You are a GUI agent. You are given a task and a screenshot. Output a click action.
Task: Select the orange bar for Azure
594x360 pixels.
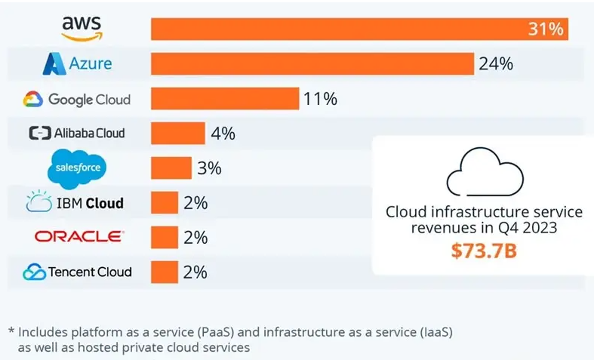click(x=312, y=64)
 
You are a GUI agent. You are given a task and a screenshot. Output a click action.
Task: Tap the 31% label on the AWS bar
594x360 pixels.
click(x=546, y=29)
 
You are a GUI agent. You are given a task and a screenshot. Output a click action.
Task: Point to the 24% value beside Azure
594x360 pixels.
click(x=496, y=64)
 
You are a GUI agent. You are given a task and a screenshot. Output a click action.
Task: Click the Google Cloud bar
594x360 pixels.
click(x=225, y=99)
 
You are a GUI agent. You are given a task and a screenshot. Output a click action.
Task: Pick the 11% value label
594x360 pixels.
click(x=319, y=99)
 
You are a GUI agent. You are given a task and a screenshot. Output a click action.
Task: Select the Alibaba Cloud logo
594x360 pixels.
click(x=76, y=134)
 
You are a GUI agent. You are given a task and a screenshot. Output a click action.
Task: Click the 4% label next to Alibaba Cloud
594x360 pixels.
click(x=223, y=134)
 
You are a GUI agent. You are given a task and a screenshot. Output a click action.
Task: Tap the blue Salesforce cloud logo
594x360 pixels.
click(x=78, y=168)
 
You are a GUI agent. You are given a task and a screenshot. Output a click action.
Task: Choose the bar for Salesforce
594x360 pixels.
click(x=171, y=168)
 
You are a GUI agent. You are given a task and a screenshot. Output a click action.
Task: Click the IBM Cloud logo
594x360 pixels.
click(x=75, y=203)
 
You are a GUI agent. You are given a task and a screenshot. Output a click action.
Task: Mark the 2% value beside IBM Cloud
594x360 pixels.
click(x=195, y=203)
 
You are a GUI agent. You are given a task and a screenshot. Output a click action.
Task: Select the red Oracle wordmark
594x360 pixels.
click(x=78, y=237)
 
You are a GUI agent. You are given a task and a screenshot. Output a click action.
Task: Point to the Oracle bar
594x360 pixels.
click(x=165, y=237)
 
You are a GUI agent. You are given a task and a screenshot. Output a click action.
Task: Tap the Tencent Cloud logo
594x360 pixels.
click(x=77, y=272)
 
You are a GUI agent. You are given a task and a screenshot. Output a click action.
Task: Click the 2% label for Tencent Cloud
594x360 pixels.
click(x=195, y=272)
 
